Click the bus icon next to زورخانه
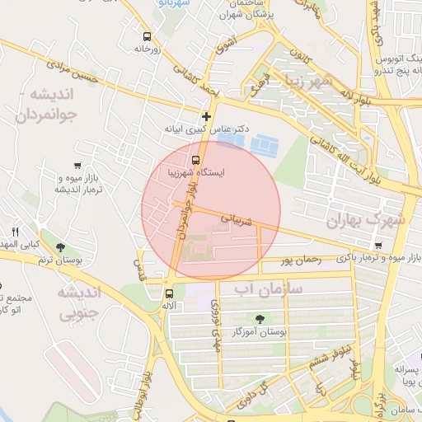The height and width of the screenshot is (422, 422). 147,37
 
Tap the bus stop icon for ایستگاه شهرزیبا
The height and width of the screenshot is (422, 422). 195,160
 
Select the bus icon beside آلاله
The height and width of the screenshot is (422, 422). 169,293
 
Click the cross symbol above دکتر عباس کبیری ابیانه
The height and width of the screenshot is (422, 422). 206,116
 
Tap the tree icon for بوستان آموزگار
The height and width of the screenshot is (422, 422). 261,318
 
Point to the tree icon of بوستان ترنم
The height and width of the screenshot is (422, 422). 61,247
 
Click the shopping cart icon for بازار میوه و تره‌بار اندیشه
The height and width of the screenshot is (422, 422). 77,166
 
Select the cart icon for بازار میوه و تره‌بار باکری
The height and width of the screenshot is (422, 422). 377,246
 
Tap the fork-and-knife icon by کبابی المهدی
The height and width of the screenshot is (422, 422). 14,231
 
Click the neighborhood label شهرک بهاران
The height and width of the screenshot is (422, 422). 367,220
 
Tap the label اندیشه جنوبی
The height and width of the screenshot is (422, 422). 79,302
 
